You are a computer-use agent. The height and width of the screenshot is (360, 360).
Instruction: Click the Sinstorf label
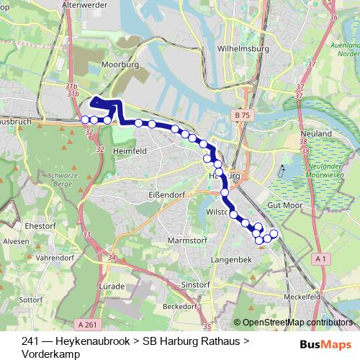coord(196,285)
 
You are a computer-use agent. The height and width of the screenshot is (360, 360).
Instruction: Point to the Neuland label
coord(318,134)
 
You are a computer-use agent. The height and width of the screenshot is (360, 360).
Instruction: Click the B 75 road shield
coord(242,115)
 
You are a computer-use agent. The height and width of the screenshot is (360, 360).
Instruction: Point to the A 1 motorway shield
coord(321,258)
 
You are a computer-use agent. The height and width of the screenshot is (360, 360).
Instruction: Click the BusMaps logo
coord(326,343)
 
